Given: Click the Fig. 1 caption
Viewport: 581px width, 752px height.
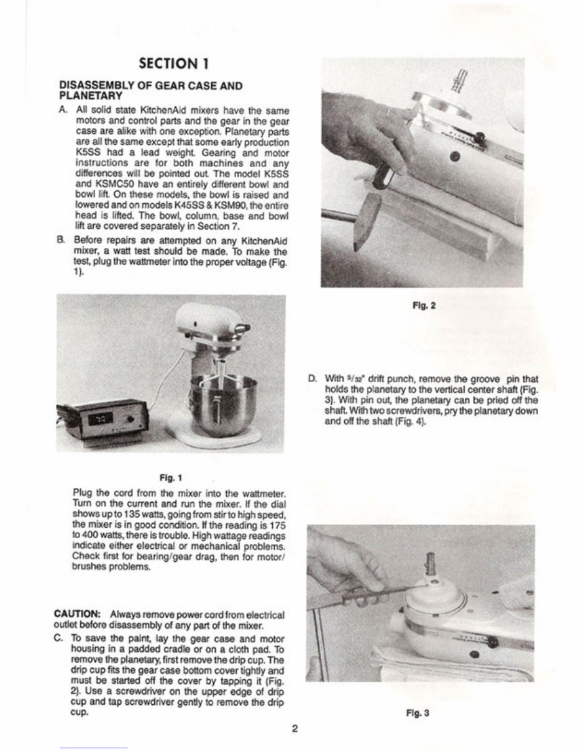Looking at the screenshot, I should [x=170, y=478].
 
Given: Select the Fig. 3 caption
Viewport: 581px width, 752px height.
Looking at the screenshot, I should [x=421, y=713].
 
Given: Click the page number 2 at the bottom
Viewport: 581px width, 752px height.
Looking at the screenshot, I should [x=295, y=728].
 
